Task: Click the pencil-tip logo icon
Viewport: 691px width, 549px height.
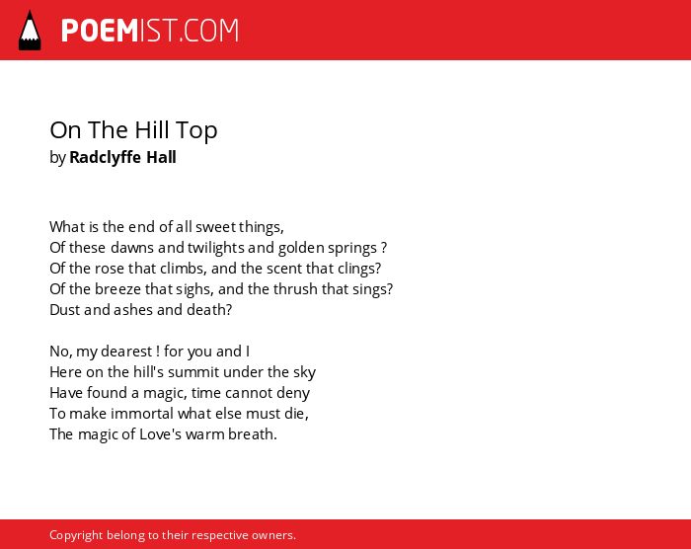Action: tap(30, 30)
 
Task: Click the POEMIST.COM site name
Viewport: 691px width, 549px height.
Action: tap(150, 31)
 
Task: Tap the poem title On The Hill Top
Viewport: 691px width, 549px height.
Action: tap(133, 130)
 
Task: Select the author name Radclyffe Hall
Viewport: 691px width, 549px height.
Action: tap(122, 157)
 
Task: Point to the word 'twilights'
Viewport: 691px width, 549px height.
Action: tap(216, 248)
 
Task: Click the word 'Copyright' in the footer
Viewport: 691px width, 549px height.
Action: tap(76, 535)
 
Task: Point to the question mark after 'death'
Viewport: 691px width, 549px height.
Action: tap(229, 310)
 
